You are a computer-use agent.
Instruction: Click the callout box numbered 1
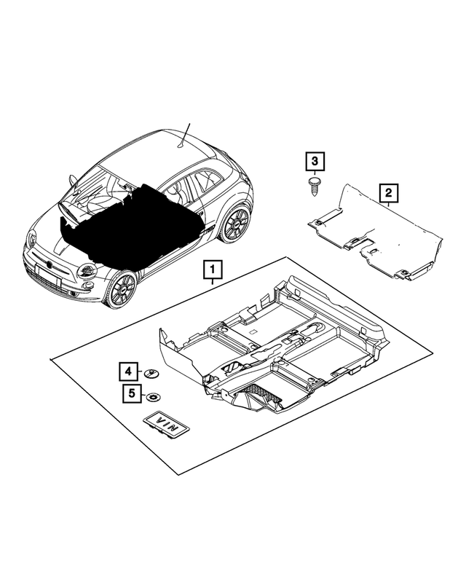212,272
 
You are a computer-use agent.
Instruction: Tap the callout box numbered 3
314,161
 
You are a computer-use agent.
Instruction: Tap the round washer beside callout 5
152,397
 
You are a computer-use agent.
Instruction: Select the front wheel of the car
120,289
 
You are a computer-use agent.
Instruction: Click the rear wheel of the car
234,223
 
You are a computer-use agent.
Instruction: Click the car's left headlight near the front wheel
87,270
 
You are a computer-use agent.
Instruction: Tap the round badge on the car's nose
49,260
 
